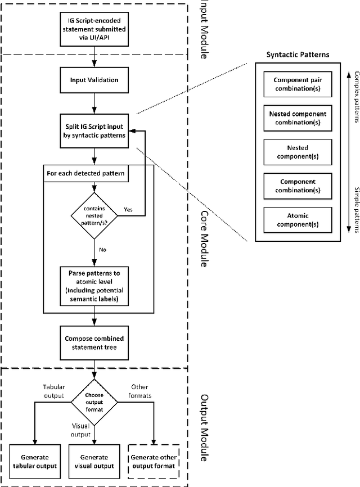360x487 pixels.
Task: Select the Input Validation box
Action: pos(94,80)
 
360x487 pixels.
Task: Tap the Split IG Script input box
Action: pos(94,131)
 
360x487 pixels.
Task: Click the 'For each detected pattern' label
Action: pos(86,174)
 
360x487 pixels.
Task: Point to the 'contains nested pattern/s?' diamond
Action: pos(94,214)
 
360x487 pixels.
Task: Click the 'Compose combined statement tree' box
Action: pos(94,342)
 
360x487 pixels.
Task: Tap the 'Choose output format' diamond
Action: pos(94,398)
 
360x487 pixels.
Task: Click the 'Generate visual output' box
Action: pos(94,461)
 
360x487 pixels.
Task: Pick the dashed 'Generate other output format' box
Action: pos(153,461)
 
